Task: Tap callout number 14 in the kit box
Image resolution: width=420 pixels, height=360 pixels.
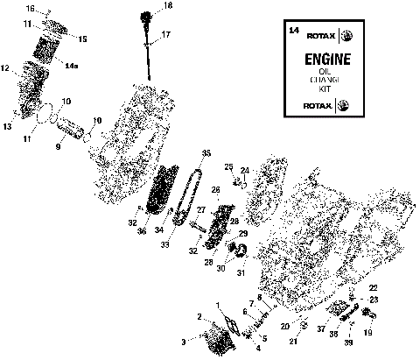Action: (x=293, y=31)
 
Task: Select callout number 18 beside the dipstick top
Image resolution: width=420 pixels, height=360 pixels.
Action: (x=168, y=6)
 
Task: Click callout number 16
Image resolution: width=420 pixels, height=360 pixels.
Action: (x=31, y=9)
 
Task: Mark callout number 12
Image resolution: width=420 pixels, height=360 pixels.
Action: (x=5, y=67)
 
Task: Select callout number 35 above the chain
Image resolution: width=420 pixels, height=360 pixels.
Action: (x=206, y=153)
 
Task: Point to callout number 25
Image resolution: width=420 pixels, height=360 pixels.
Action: (x=227, y=166)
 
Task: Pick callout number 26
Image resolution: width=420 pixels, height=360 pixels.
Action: (x=214, y=190)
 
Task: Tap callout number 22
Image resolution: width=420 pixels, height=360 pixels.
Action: (x=373, y=288)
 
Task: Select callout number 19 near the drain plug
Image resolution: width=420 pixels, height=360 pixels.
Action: (x=367, y=334)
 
